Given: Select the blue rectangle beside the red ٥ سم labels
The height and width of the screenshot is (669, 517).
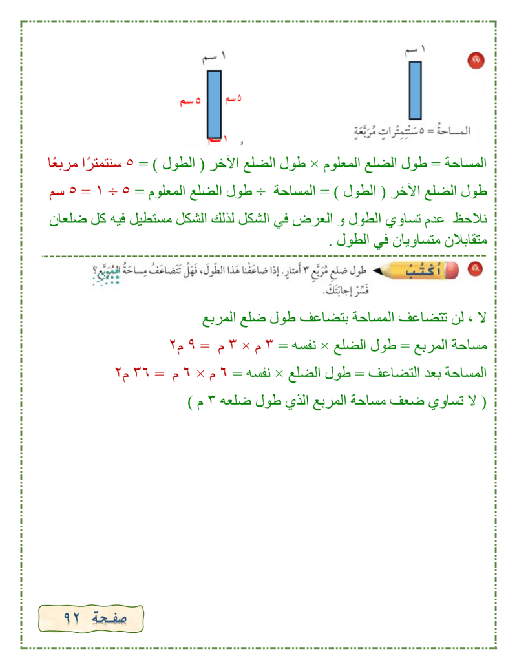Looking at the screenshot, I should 215,103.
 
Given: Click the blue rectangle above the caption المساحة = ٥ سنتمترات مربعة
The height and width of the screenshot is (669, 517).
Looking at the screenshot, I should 416,90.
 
